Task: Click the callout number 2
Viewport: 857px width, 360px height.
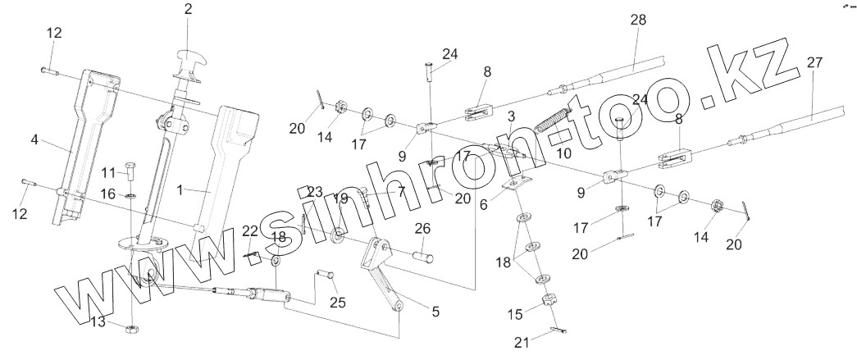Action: click(188, 10)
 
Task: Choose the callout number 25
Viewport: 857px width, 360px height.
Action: click(337, 303)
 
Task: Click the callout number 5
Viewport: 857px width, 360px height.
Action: click(435, 311)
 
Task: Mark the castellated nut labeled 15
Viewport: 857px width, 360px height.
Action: click(547, 308)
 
